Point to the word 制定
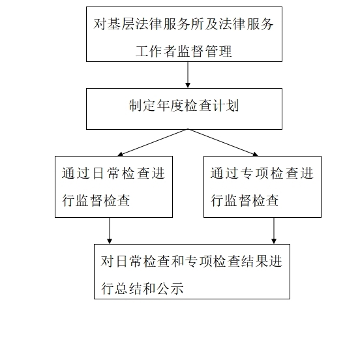point(142,106)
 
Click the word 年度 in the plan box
point(170,106)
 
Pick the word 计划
point(226,106)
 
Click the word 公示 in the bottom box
point(170,288)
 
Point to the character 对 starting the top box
point(100,23)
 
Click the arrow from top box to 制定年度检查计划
point(188,75)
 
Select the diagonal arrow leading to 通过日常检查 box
point(153,143)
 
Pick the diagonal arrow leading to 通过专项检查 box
point(223,143)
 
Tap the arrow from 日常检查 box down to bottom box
point(110,231)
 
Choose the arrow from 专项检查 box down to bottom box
point(274,231)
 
